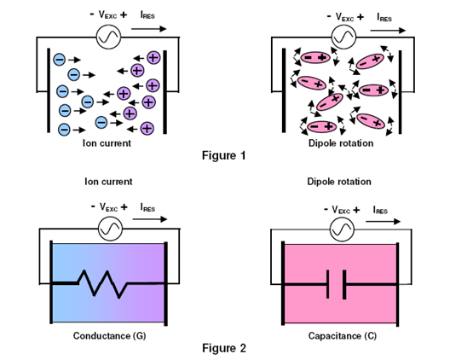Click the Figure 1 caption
pos(224,155)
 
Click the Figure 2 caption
pos(224,348)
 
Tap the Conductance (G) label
pos(110,335)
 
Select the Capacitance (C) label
pos(343,335)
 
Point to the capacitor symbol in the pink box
pos(337,284)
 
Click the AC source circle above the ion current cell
pos(108,37)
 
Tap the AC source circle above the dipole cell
pos(343,37)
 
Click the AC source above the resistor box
pos(111,229)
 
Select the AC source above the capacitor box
pos(342,229)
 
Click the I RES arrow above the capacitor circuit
pos(383,221)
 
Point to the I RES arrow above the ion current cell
pos(149,28)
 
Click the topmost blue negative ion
pos(60,60)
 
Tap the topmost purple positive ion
pos(153,57)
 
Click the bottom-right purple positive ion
pos(147,128)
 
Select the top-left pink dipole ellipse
pos(315,57)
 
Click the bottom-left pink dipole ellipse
pos(321,126)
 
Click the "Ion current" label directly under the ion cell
pos(107,143)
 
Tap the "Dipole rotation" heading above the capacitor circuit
pos(339,182)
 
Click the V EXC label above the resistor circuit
pos(109,207)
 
